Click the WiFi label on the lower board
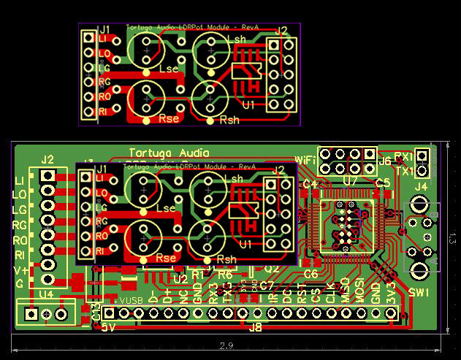pyautogui.click(x=306, y=159)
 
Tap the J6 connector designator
pyautogui.click(x=384, y=161)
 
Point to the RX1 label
pyautogui.click(x=403, y=156)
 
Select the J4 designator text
pyautogui.click(x=421, y=187)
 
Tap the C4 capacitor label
pyautogui.click(x=310, y=183)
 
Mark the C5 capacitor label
pyautogui.click(x=382, y=183)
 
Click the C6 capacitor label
pyautogui.click(x=310, y=274)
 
